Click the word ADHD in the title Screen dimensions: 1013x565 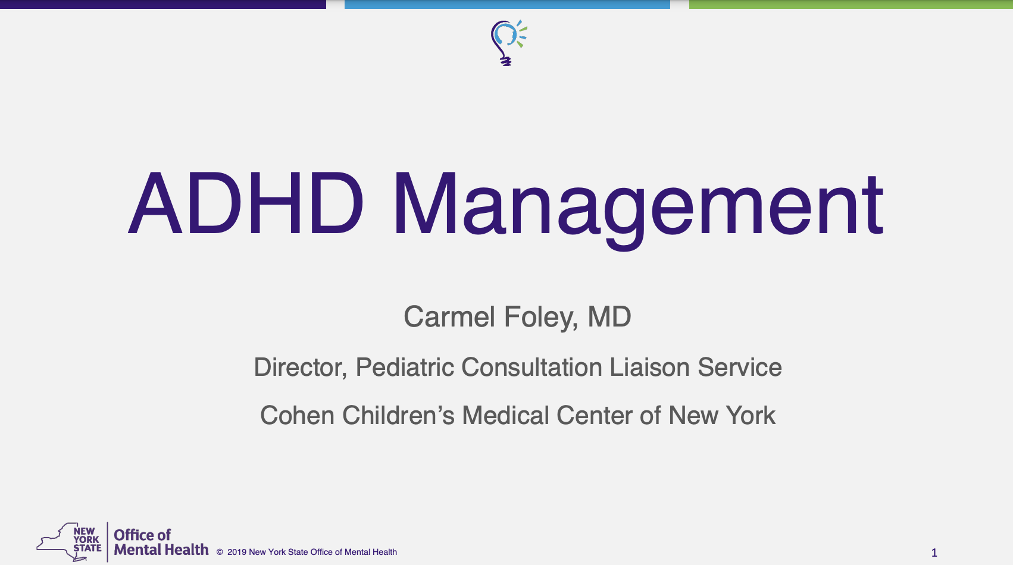click(246, 203)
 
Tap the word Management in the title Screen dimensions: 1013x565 click(638, 211)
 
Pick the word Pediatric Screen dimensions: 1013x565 click(405, 366)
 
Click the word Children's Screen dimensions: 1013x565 click(398, 415)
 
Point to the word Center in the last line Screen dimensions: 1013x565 click(594, 415)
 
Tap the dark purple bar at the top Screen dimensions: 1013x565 click(163, 4)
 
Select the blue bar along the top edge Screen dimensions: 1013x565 click(507, 4)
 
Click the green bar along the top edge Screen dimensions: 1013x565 click(851, 4)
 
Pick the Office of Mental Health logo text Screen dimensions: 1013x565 click(161, 542)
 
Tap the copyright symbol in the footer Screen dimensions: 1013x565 click(220, 552)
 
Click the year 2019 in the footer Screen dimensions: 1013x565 click(236, 552)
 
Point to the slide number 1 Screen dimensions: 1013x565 click(934, 553)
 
